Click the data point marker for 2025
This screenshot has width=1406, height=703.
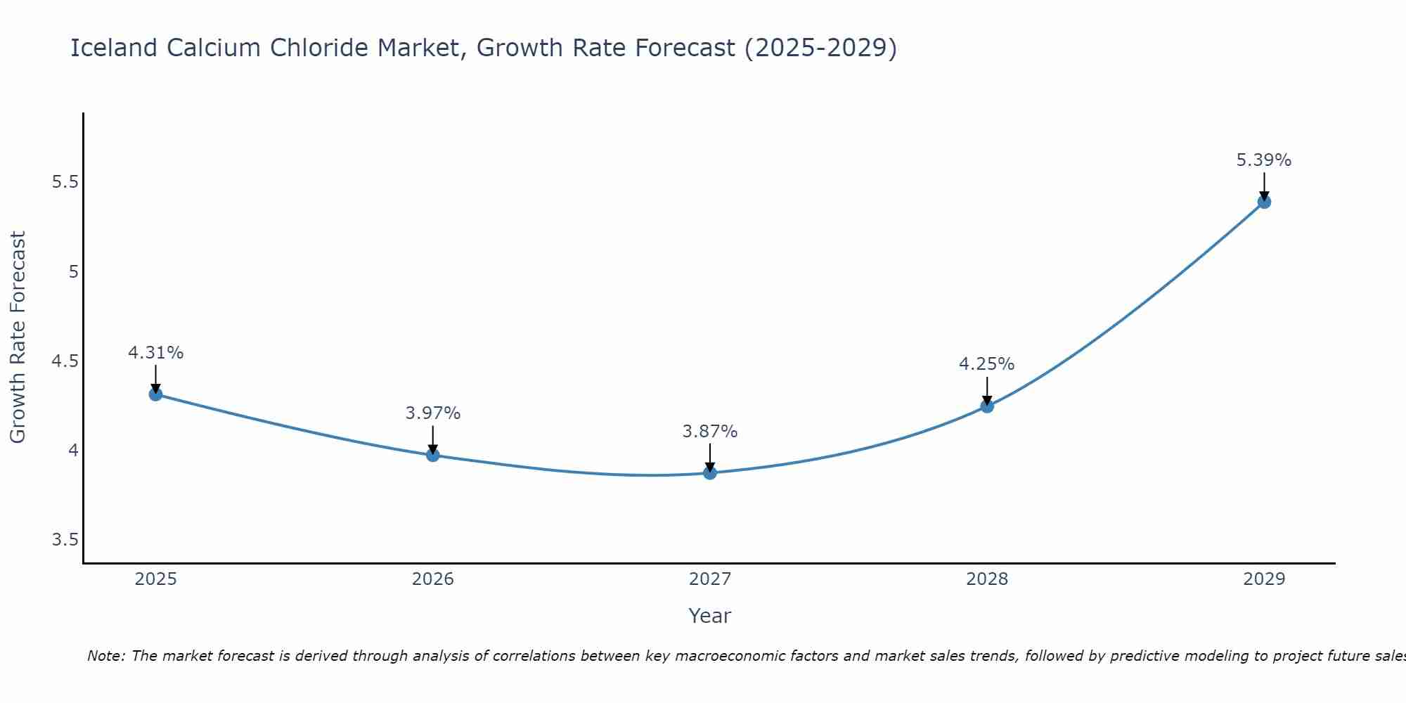pyautogui.click(x=155, y=394)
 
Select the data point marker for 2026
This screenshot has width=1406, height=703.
pyautogui.click(x=433, y=456)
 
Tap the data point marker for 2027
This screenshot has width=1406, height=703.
pyautogui.click(x=710, y=473)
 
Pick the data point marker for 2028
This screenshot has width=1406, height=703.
pyautogui.click(x=987, y=406)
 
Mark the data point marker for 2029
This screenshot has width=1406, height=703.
pyautogui.click(x=1264, y=202)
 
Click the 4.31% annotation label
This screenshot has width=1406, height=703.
pyautogui.click(x=155, y=353)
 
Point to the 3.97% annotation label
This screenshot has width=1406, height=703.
pyautogui.click(x=433, y=413)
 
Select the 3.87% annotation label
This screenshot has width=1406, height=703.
pyautogui.click(x=710, y=432)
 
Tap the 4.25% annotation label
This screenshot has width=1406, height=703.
pyautogui.click(x=987, y=364)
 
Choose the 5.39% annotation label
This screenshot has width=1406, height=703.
pyautogui.click(x=1264, y=160)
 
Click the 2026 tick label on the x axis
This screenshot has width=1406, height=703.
pyautogui.click(x=433, y=579)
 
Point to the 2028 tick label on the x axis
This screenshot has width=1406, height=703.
pyautogui.click(x=987, y=579)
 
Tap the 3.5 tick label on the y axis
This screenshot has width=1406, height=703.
pyautogui.click(x=65, y=540)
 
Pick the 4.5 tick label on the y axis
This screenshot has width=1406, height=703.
pyautogui.click(x=65, y=361)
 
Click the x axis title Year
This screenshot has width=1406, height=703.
pyautogui.click(x=710, y=616)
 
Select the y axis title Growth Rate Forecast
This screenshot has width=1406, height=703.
pyautogui.click(x=18, y=337)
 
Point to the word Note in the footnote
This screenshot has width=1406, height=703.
pyautogui.click(x=105, y=656)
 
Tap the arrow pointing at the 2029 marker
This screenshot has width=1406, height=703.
pyautogui.click(x=1264, y=186)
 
